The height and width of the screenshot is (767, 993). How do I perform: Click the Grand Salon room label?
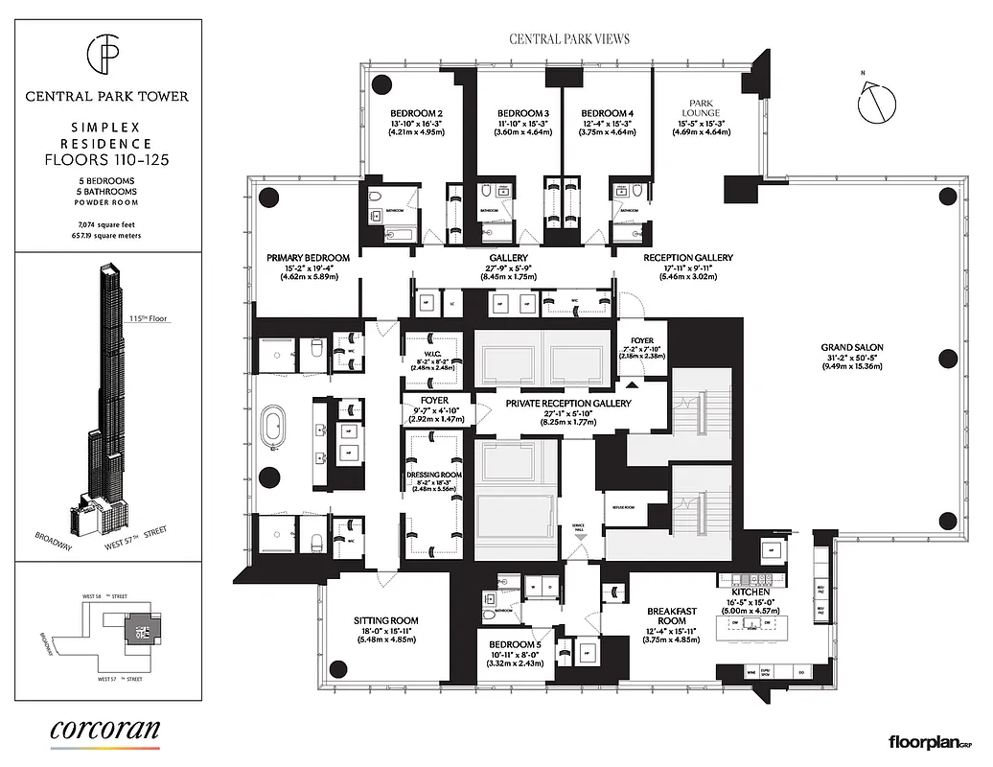coord(851,347)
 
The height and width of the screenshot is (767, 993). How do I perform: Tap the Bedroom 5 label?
coord(516,644)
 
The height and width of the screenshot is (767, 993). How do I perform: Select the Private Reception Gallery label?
coord(568,404)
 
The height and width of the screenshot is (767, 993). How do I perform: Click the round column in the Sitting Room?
coord(337,669)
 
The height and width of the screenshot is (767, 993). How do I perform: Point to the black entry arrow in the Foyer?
coord(633,382)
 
